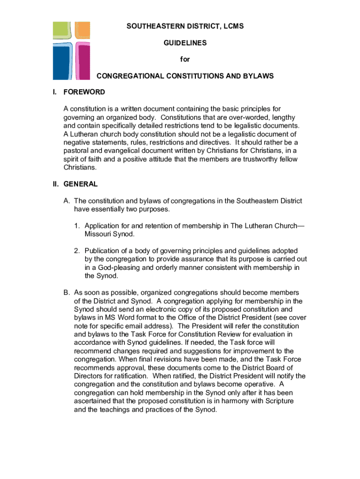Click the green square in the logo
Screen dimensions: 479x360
63,31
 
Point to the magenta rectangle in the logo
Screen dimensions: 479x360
83,61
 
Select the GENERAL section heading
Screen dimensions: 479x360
80,184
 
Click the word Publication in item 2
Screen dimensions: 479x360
102,251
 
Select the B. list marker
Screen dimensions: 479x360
67,293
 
